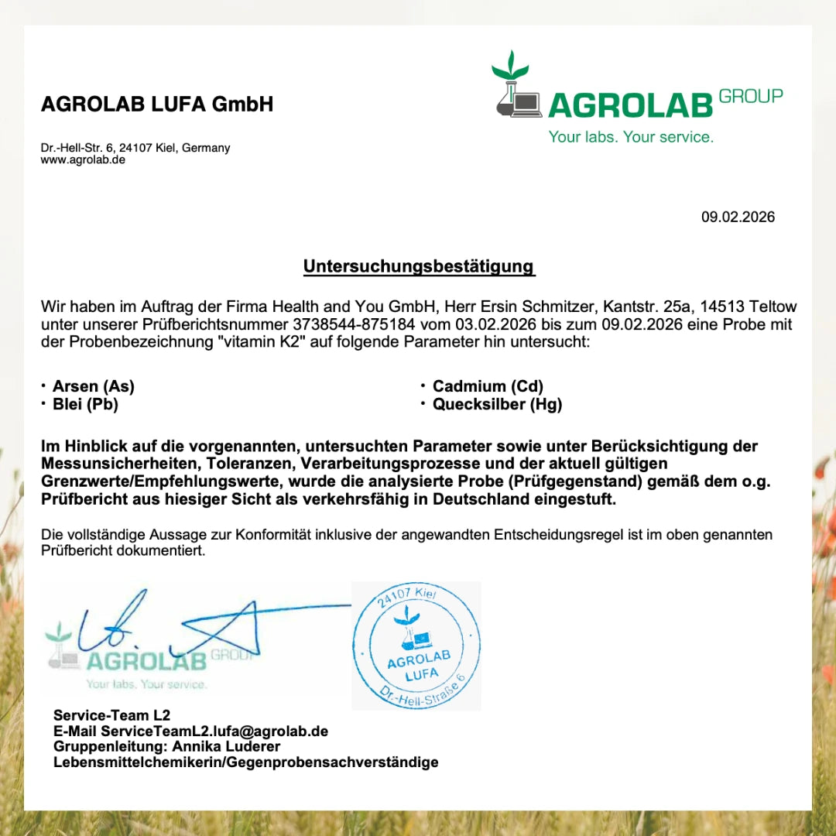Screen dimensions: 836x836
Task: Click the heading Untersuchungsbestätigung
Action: [418, 267]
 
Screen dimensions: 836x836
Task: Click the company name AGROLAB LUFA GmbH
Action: [157, 104]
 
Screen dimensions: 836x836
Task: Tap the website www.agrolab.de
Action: [83, 160]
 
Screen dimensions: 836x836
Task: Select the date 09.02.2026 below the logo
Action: [738, 218]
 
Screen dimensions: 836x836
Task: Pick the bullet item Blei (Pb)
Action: [85, 404]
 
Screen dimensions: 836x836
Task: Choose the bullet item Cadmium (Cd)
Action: [488, 386]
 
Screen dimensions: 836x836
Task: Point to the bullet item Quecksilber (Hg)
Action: [497, 404]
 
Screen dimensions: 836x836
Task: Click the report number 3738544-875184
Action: [355, 324]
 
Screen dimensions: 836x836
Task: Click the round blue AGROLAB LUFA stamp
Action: [416, 646]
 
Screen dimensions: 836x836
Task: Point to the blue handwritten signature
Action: [194, 623]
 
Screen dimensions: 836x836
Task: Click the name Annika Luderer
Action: [226, 747]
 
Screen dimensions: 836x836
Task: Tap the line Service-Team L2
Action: [111, 715]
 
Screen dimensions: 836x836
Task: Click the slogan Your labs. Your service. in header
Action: [631, 137]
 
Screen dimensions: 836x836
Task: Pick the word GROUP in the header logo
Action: [750, 96]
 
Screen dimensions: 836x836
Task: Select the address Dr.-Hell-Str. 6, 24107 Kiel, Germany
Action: [135, 148]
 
